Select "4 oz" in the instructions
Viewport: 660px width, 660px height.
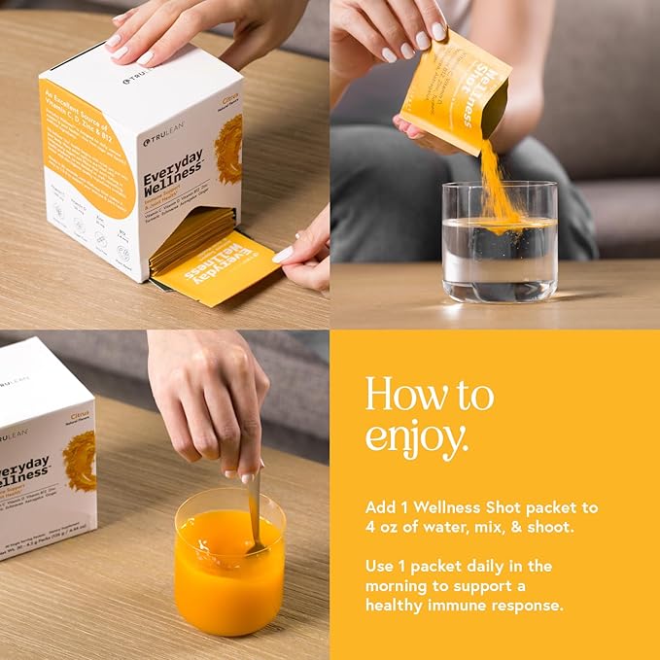coord(387,528)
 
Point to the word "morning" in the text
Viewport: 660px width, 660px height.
coord(400,585)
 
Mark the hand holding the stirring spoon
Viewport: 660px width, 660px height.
coord(204,399)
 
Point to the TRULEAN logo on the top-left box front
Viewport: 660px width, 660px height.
coord(161,141)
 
